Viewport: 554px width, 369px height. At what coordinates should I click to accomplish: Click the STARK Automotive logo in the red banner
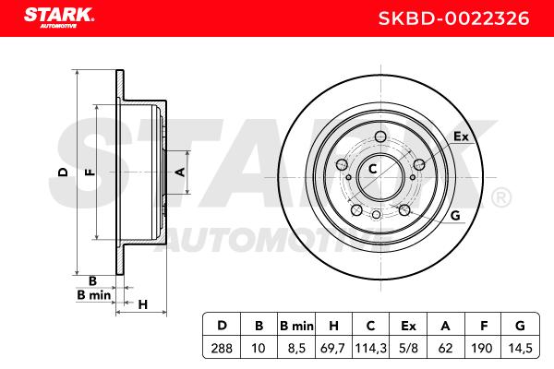pos(59,18)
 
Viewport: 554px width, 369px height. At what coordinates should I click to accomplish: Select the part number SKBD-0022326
pos(453,18)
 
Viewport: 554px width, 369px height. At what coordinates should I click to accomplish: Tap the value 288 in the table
pos(222,348)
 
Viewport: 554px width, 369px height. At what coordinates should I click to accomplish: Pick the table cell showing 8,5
pos(296,348)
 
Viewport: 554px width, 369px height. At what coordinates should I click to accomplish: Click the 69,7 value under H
pos(333,348)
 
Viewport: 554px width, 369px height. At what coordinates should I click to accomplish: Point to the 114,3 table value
pos(370,348)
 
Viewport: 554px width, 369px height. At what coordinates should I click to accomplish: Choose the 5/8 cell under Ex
pos(408,348)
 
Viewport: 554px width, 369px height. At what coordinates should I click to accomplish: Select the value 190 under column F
pos(482,348)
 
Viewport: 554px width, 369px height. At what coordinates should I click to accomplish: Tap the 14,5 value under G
pos(520,348)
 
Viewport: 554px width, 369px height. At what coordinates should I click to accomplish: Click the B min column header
pos(296,326)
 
